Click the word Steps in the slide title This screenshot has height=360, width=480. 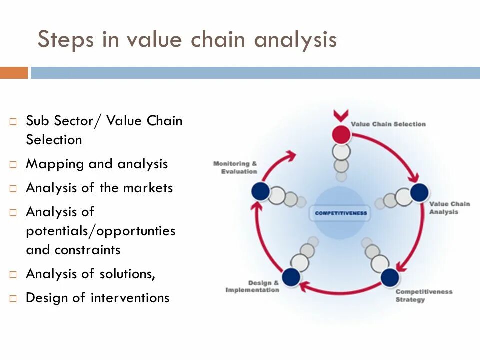click(x=65, y=40)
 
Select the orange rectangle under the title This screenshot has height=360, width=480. click(x=14, y=73)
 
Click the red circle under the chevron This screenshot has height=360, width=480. click(x=341, y=134)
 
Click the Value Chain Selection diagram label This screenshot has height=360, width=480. click(x=388, y=124)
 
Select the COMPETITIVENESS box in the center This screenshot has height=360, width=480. click(x=341, y=213)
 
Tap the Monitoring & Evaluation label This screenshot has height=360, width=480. click(x=235, y=167)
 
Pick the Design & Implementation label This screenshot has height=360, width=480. click(x=252, y=286)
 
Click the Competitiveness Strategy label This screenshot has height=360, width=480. click(x=423, y=295)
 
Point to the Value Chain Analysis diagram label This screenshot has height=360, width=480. click(x=449, y=207)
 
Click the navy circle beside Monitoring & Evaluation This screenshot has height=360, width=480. click(x=261, y=191)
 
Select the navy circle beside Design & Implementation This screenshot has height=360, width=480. click(x=291, y=277)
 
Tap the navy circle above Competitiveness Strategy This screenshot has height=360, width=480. click(x=390, y=277)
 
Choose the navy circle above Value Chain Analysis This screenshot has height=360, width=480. click(x=419, y=192)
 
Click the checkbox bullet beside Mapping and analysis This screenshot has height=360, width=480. click(x=14, y=165)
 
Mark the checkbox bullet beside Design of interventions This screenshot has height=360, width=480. click(x=14, y=299)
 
